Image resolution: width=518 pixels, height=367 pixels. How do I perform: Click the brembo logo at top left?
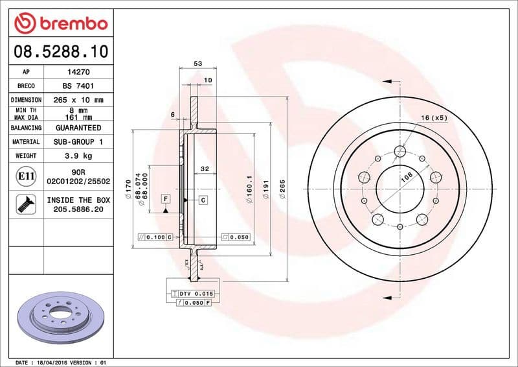(x=60, y=24)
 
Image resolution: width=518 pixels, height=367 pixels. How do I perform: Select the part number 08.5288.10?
(x=60, y=51)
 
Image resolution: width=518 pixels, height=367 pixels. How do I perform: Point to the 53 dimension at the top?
(x=198, y=64)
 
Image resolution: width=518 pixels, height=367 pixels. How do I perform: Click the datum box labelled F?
(x=166, y=198)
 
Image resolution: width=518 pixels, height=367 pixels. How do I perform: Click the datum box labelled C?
(x=203, y=200)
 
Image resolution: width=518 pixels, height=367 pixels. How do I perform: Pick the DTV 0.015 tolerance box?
(x=194, y=294)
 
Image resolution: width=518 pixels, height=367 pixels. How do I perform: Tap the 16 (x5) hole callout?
(x=434, y=117)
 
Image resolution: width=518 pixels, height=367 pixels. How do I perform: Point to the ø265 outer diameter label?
(x=282, y=188)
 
